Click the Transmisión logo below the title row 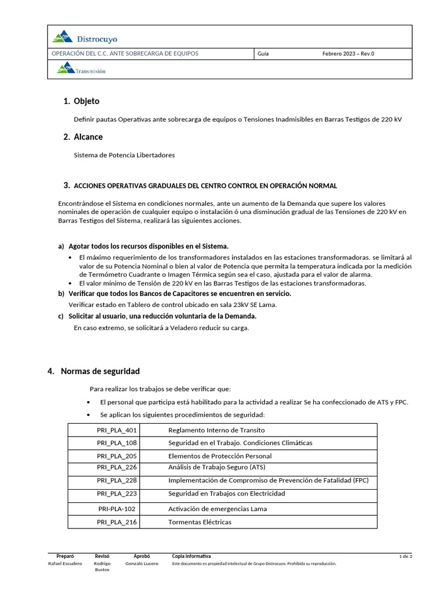[x=81, y=70]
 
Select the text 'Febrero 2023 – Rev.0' [x=348, y=54]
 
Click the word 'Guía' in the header [x=263, y=54]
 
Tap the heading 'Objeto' [x=86, y=101]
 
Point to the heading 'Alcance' [x=88, y=137]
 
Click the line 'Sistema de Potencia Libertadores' [x=124, y=155]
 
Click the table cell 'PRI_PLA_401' [x=117, y=430]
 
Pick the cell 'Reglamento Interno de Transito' [x=216, y=430]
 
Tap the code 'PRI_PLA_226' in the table [x=117, y=467]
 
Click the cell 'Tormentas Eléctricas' [x=199, y=522]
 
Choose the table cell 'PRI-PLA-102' [x=117, y=509]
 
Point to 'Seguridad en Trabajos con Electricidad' [x=226, y=494]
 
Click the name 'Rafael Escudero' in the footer [x=65, y=563]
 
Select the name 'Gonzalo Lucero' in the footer [x=141, y=563]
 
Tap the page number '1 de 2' [x=405, y=556]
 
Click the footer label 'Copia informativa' [x=191, y=556]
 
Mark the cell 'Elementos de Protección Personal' [x=220, y=456]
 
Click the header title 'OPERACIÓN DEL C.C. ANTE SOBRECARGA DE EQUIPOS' [x=125, y=54]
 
